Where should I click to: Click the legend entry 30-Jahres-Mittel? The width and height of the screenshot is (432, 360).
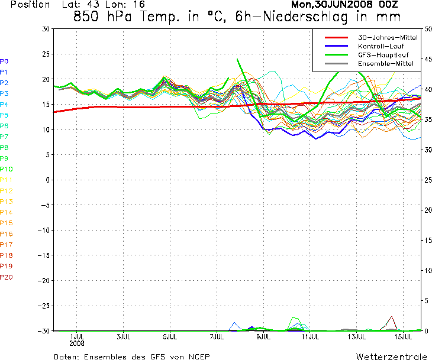pyautogui.click(x=388, y=37)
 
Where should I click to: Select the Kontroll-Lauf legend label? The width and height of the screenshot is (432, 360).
pyautogui.click(x=381, y=46)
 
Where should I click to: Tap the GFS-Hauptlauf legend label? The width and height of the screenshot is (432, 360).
pyautogui.click(x=383, y=55)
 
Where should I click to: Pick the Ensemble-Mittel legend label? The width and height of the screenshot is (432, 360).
pyautogui.click(x=386, y=64)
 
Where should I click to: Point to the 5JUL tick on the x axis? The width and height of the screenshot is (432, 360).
pyautogui.click(x=170, y=337)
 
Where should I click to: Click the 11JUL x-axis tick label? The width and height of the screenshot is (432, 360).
pyautogui.click(x=310, y=337)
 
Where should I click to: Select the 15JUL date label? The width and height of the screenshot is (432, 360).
pyautogui.click(x=404, y=337)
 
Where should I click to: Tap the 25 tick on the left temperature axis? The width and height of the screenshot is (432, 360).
pyautogui.click(x=46, y=54)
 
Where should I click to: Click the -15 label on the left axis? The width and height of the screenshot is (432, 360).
pyautogui.click(x=44, y=255)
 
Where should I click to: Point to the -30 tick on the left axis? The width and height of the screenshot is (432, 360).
pyautogui.click(x=44, y=331)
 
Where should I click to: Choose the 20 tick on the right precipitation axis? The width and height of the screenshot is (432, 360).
pyautogui.click(x=428, y=210)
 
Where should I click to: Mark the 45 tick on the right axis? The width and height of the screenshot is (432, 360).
pyautogui.click(x=428, y=59)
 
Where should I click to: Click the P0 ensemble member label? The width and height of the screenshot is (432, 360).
pyautogui.click(x=4, y=61)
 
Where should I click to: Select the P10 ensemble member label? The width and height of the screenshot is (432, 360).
pyautogui.click(x=6, y=169)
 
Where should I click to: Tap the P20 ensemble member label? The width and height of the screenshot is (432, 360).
pyautogui.click(x=7, y=277)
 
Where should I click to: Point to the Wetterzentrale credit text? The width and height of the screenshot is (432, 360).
pyautogui.click(x=392, y=356)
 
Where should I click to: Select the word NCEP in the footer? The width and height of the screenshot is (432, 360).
pyautogui.click(x=199, y=356)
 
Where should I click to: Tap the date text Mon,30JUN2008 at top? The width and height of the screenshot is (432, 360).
pyautogui.click(x=332, y=4)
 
